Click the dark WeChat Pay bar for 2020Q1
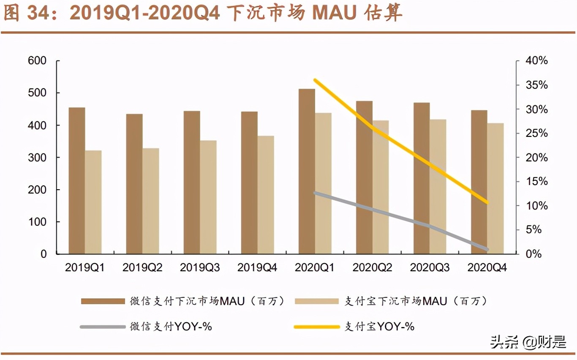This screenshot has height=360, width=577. (307, 171)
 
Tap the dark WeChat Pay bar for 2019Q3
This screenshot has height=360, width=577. (191, 182)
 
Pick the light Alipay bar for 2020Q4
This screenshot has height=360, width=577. (495, 188)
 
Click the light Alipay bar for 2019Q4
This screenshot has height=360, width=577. (266, 195)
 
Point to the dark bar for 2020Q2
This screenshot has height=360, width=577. (364, 177)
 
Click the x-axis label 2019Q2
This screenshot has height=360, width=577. (142, 267)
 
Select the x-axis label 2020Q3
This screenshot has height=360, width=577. (430, 267)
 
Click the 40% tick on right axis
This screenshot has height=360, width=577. (536, 61)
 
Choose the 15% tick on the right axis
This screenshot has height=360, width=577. (536, 182)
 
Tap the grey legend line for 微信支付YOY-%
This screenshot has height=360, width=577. (103, 327)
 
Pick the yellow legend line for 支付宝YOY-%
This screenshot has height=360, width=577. (317, 327)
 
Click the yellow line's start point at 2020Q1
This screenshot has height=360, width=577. (315, 80)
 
